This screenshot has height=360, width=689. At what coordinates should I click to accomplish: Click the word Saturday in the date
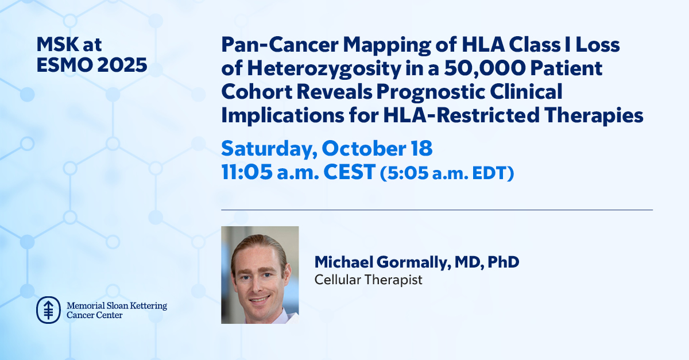pos(268,148)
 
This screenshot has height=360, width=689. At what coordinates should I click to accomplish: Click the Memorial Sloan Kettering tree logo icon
pos(48,309)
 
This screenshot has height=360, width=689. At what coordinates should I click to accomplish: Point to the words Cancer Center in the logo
pos(95,315)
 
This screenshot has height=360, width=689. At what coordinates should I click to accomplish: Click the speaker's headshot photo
pos(260,274)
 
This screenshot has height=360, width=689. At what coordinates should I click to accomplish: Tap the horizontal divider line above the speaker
pos(436,210)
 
